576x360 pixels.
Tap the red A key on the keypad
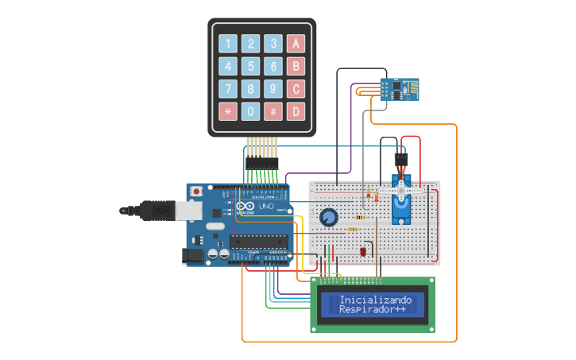pyautogui.click(x=296, y=44)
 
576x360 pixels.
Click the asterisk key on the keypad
pyautogui.click(x=228, y=111)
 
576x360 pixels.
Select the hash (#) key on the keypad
pyautogui.click(x=273, y=111)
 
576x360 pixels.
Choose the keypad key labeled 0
pyautogui.click(x=250, y=111)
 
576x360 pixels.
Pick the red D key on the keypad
pyautogui.click(x=296, y=111)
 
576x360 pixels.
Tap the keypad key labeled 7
pyautogui.click(x=228, y=89)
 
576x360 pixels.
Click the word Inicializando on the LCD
pyautogui.click(x=376, y=300)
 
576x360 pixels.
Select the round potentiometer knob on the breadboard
pyautogui.click(x=328, y=217)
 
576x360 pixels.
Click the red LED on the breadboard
pyautogui.click(x=363, y=251)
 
